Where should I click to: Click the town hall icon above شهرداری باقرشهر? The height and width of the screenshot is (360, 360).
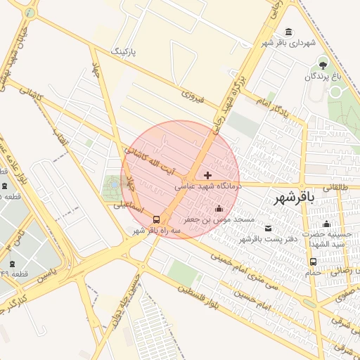pos(289,32)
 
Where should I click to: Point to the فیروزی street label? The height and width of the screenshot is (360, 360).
pos(192,95)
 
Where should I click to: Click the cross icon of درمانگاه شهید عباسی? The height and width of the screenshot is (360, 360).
pos(207,174)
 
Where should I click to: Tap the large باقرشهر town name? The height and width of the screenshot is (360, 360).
pos(292,199)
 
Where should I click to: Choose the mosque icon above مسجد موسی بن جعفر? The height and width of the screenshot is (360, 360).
pos(219,208)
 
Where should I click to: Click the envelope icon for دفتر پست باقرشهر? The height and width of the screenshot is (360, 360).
pos(268,228)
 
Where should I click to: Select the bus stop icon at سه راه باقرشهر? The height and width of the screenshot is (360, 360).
pos(156,219)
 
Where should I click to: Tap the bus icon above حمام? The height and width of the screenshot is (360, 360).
pos(313,262)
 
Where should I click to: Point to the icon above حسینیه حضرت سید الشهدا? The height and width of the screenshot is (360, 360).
pos(326,224)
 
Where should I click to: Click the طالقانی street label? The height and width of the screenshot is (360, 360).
pos(335,187)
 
